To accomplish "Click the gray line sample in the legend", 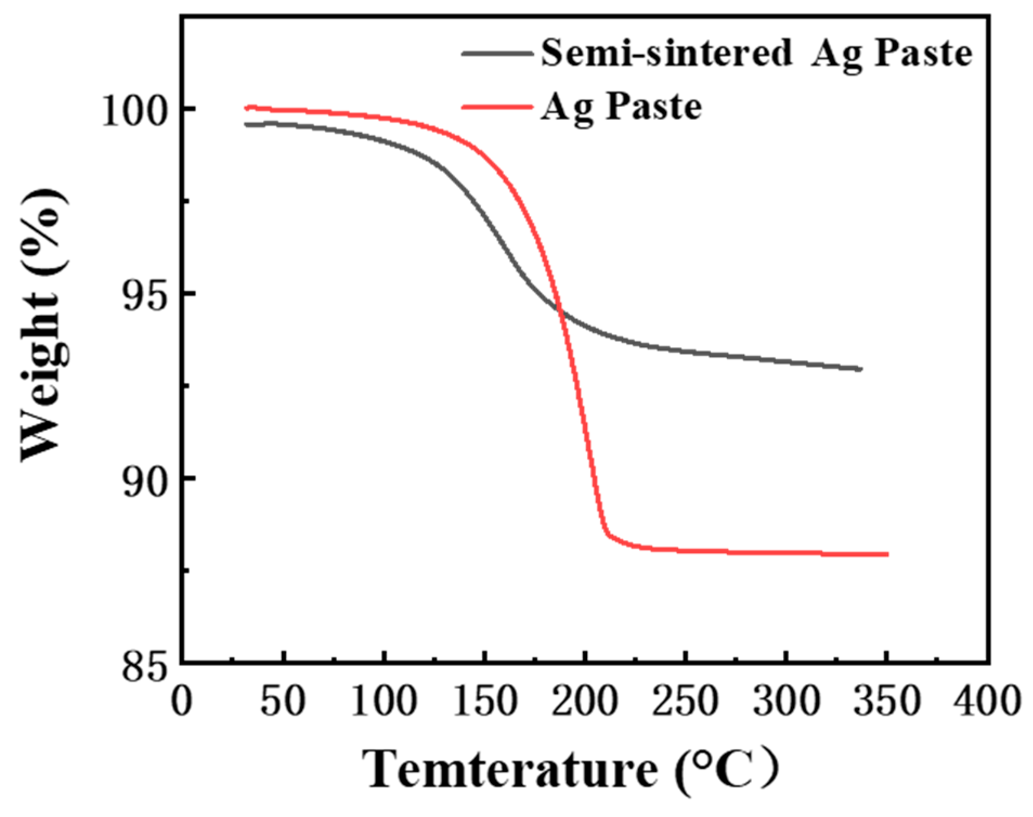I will (x=497, y=53).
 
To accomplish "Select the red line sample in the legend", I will (x=497, y=107).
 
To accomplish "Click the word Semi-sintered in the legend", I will (x=666, y=53).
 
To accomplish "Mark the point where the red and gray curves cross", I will (x=560, y=310).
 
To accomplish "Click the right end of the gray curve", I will (x=861, y=369).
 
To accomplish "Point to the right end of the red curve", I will (x=887, y=554).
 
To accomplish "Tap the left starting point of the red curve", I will (x=246, y=108).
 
